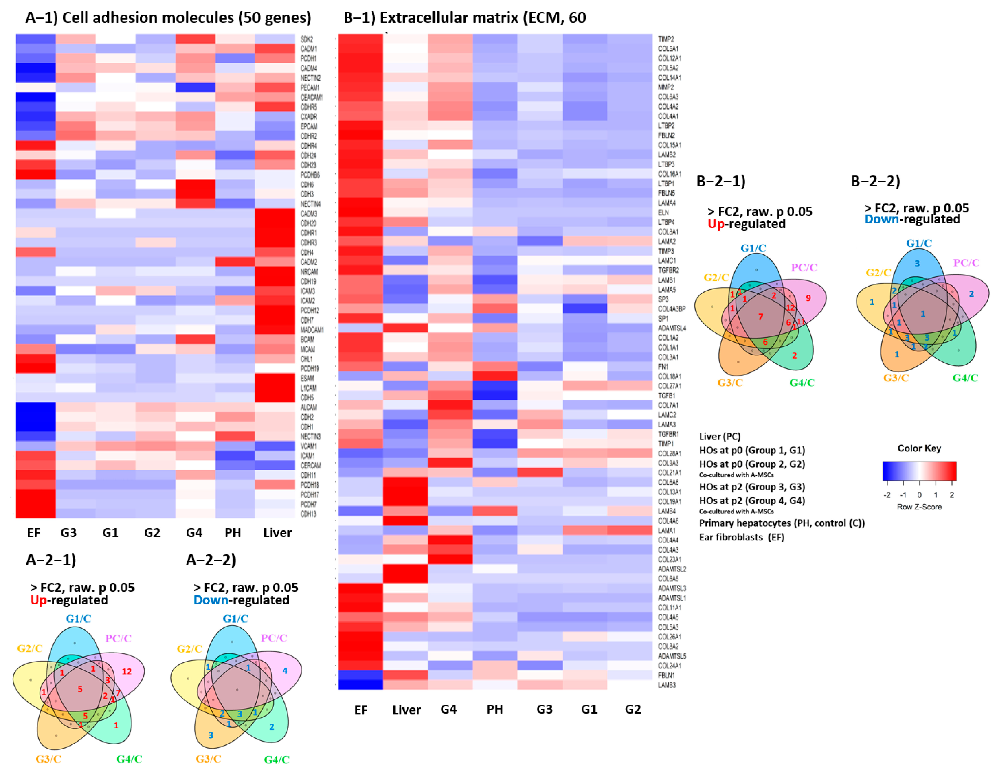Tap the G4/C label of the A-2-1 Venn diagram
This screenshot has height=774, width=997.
click(129, 759)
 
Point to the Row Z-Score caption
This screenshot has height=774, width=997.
click(919, 507)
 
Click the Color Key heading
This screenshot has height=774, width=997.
click(919, 448)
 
